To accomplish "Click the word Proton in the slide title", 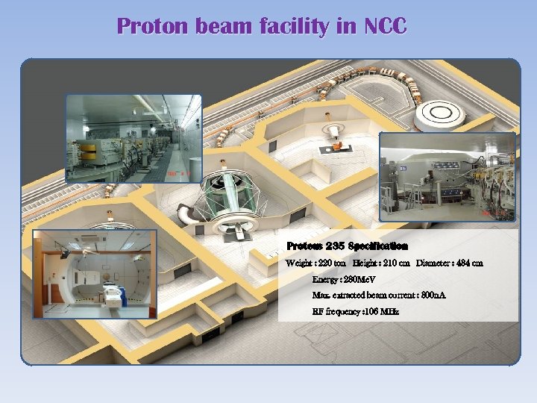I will [x=153, y=27].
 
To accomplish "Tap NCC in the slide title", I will [x=385, y=27].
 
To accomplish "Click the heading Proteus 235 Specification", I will [x=347, y=246].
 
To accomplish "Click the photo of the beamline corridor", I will [x=134, y=138].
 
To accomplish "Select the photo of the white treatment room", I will [x=95, y=274].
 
